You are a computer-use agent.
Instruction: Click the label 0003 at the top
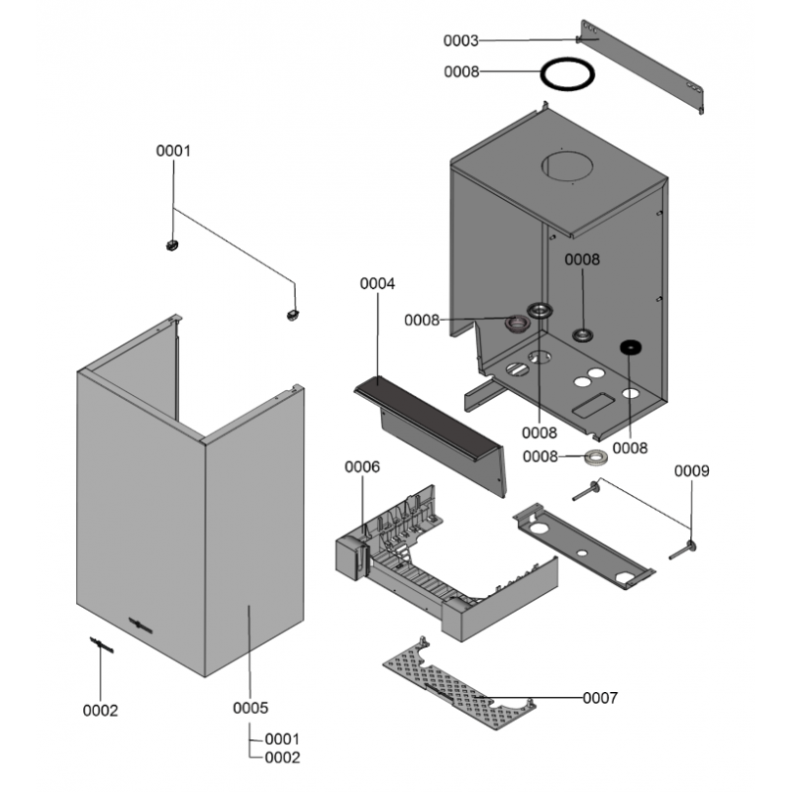(x=460, y=41)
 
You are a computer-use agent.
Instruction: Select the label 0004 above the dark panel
(x=377, y=283)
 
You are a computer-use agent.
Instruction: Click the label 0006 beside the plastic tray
(x=361, y=466)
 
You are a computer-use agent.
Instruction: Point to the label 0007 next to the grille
(x=600, y=698)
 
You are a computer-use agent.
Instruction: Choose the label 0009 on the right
(x=692, y=471)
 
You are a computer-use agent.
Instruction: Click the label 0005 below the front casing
(x=250, y=708)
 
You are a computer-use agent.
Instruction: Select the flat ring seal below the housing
(x=595, y=456)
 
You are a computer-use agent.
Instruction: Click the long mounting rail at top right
(x=644, y=66)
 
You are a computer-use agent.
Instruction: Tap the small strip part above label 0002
(x=102, y=644)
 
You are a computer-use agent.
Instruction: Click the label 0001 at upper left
(x=173, y=151)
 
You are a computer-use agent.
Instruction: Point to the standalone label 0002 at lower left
(x=100, y=711)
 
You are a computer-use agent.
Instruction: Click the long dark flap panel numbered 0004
(x=436, y=416)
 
